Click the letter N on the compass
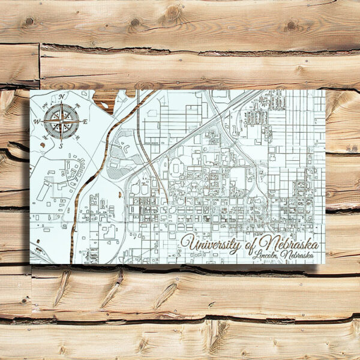(62, 96)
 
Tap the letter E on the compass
(85, 122)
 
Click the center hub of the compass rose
(62, 121)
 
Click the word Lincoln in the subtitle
(266, 256)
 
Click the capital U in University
(188, 244)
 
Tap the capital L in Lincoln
(256, 256)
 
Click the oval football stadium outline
(175, 169)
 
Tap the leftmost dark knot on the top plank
(28, 21)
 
